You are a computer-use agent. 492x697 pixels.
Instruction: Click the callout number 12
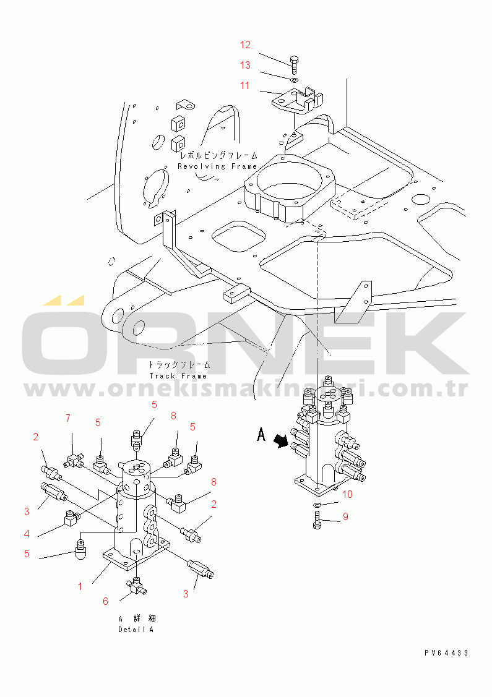(x=245, y=45)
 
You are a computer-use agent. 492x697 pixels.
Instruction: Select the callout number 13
(x=245, y=66)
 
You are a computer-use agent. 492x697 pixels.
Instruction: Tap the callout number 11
(x=244, y=85)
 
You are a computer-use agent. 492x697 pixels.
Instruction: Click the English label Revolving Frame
(x=217, y=166)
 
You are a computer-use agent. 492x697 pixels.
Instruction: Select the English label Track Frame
(x=178, y=376)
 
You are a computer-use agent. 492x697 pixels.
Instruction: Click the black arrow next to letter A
(x=281, y=441)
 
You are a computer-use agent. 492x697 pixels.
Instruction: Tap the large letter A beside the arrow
(x=261, y=434)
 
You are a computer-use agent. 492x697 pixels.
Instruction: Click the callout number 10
(x=347, y=494)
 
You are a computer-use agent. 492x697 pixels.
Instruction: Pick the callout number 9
(x=346, y=516)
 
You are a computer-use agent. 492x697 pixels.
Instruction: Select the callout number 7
(x=68, y=418)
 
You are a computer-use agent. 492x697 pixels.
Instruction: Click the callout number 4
(x=27, y=534)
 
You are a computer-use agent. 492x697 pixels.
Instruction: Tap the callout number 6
(x=105, y=601)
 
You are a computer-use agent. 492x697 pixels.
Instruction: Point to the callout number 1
(x=80, y=587)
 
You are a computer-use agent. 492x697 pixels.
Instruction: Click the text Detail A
(x=136, y=630)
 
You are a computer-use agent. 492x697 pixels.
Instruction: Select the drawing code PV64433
(x=446, y=653)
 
